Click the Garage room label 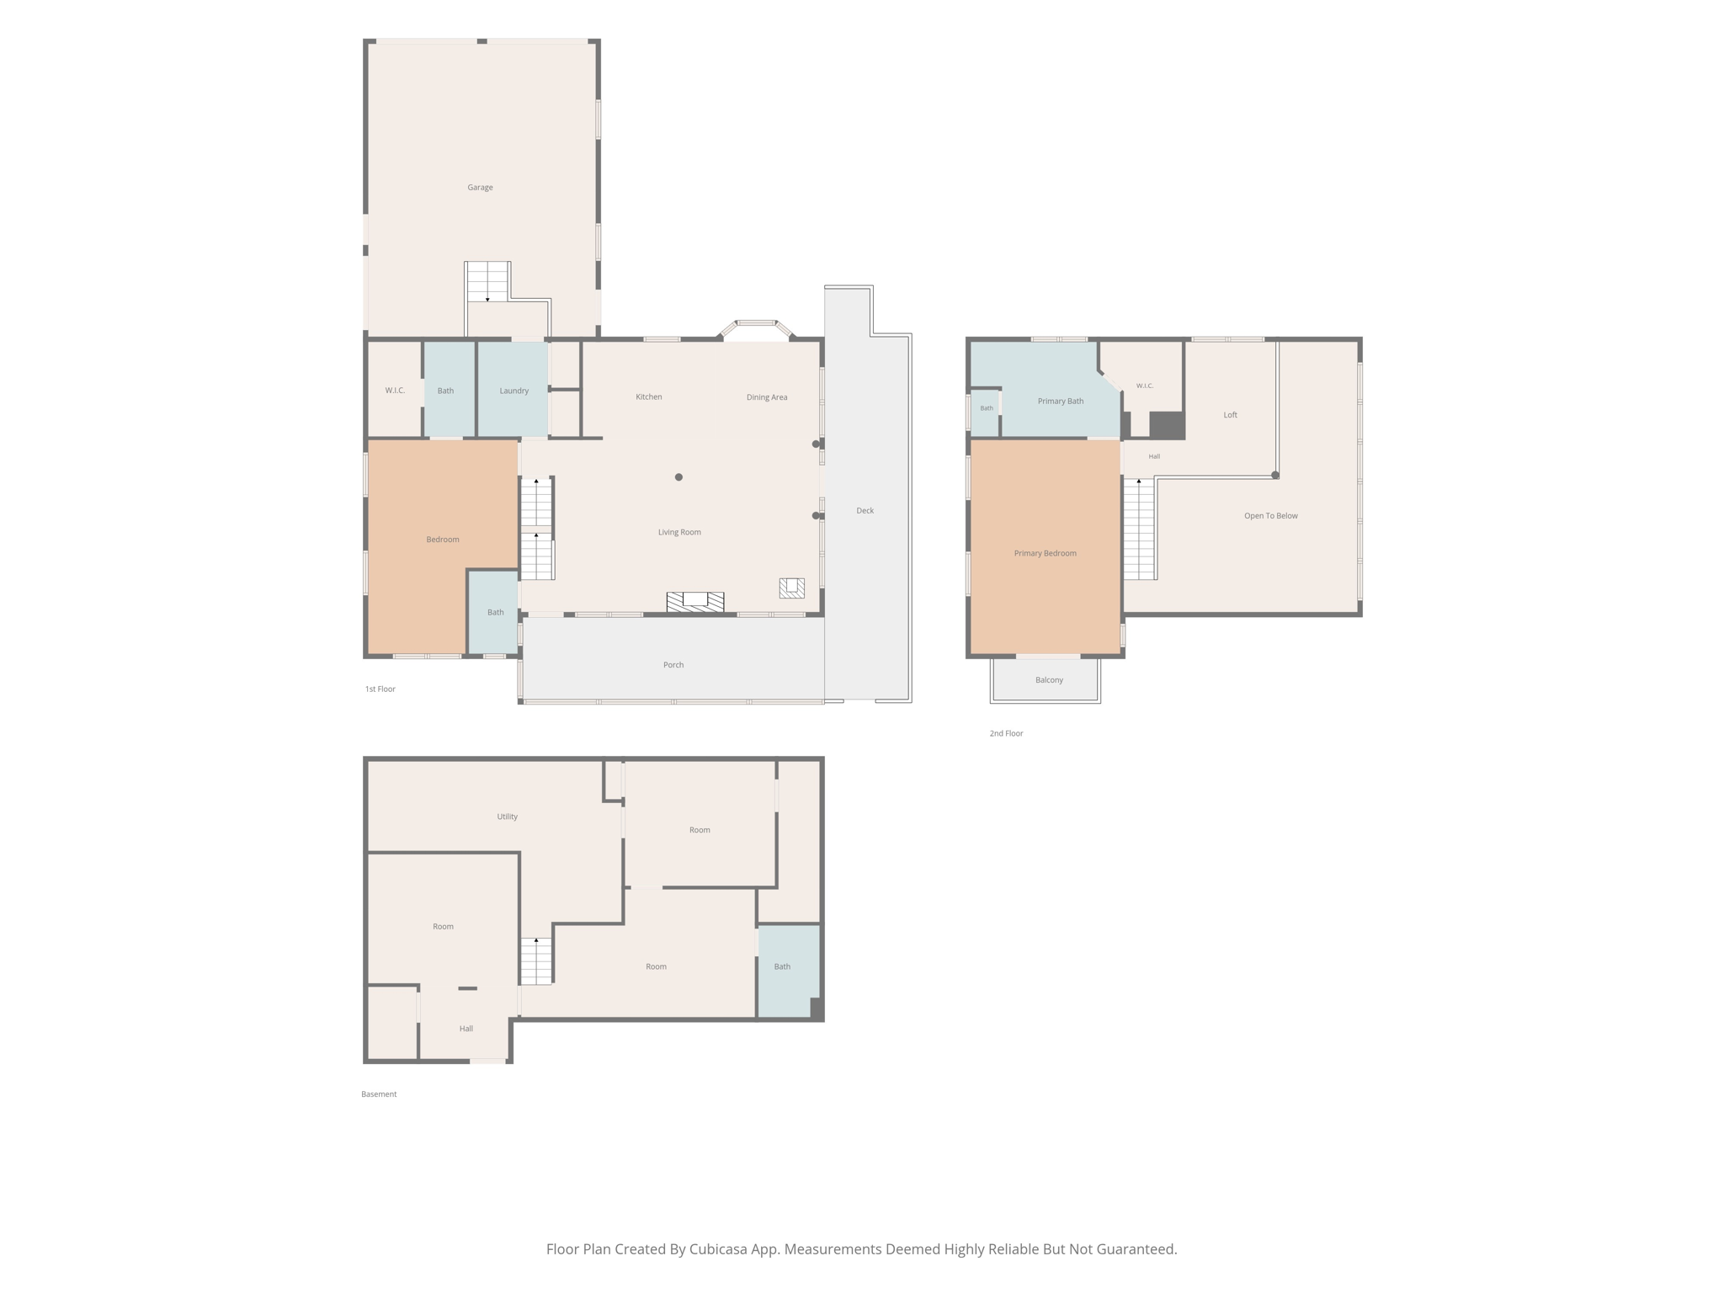[480, 188]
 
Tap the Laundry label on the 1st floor [513, 391]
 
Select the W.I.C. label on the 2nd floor [1145, 386]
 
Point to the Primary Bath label [1060, 401]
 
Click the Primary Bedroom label [1045, 553]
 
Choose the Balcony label [1049, 680]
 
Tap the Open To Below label [1270, 516]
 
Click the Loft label [1230, 415]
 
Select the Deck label [865, 511]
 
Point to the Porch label [673, 665]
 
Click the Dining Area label [766, 397]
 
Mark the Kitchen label [648, 396]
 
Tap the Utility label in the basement [507, 817]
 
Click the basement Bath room [789, 971]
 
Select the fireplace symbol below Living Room [694, 601]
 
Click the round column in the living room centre [678, 477]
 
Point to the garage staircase [487, 281]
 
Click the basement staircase [535, 960]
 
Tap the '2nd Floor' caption [1006, 733]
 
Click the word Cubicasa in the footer [721, 1249]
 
